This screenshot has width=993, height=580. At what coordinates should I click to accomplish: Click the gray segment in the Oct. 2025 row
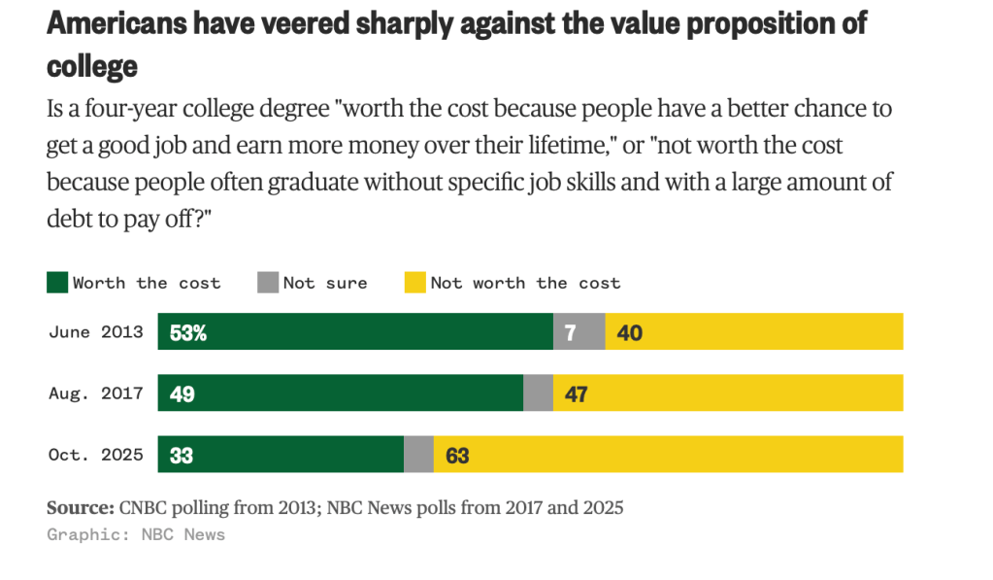pos(418,454)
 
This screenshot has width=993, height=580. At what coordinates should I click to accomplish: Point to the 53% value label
pos(187,332)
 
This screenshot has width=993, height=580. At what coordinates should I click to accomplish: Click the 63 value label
pos(457,455)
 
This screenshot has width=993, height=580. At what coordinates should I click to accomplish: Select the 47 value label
pos(576,393)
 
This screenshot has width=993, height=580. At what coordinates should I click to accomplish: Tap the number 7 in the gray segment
pos(570,332)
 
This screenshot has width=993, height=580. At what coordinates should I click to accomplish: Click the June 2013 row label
pos(96,332)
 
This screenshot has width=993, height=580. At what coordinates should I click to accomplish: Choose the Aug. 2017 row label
pos(96,393)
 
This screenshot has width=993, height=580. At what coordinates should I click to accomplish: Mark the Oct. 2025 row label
pos(96,455)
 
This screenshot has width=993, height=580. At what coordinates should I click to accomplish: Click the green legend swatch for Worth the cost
pos(57,283)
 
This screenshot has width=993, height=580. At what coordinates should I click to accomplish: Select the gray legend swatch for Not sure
pos(268,283)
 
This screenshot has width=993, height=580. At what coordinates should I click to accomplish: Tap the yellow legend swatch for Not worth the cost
pos(415,283)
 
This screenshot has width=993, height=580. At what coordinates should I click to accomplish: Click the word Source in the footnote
pos(80,507)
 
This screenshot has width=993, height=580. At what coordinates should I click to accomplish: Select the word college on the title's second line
pos(92,66)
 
